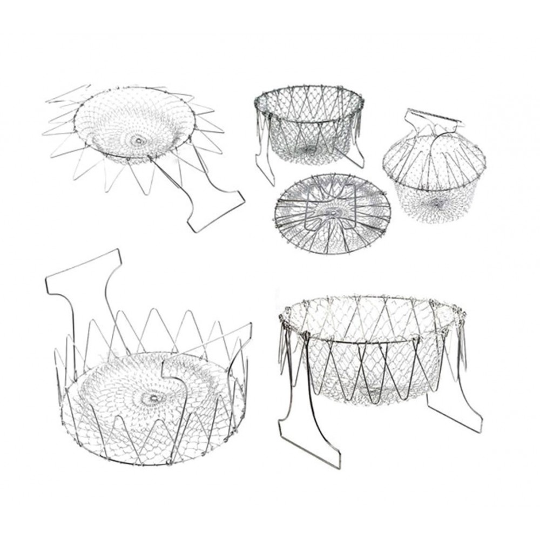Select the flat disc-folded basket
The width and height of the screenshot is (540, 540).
332,213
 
